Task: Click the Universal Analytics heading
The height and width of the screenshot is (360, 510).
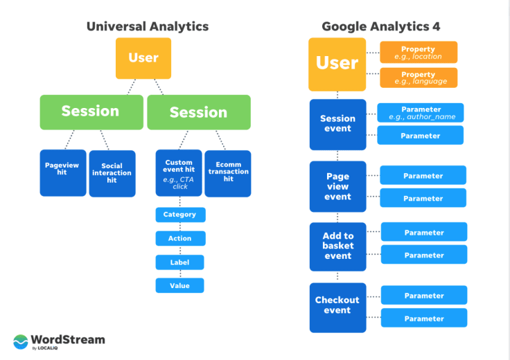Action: tap(148, 26)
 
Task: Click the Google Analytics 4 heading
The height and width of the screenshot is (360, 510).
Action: tap(380, 26)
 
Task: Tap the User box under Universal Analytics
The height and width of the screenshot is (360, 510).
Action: tap(143, 58)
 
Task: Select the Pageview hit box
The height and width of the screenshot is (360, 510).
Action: tap(63, 173)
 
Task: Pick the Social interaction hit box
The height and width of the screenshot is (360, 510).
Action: tap(112, 174)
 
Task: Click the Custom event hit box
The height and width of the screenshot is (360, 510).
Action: tap(179, 173)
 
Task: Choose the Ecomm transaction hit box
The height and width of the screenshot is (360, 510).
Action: tap(228, 174)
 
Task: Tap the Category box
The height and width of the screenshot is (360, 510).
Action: tap(181, 215)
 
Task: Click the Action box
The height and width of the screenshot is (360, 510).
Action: tap(181, 238)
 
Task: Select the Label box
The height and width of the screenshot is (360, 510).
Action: tap(180, 262)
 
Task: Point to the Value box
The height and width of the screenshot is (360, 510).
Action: tap(180, 286)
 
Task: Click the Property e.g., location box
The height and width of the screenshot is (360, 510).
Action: tap(419, 53)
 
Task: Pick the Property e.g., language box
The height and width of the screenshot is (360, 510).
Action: tap(419, 78)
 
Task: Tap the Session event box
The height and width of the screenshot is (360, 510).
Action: tap(338, 125)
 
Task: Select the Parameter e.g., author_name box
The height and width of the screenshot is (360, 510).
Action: tap(421, 113)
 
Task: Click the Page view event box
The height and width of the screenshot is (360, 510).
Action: tap(338, 186)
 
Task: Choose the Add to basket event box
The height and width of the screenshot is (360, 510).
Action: tap(338, 246)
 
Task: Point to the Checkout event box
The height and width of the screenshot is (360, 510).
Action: tap(338, 307)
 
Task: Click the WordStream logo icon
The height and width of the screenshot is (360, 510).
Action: tap(21, 342)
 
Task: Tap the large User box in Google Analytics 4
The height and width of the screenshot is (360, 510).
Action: tap(337, 64)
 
